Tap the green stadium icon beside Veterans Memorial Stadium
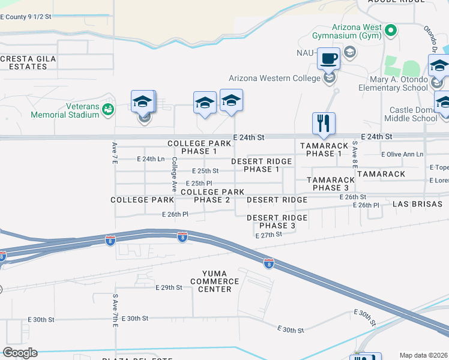click(x=107, y=109)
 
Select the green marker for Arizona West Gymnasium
click(x=391, y=29)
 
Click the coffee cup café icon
click(x=328, y=59)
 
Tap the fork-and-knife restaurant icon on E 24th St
click(x=324, y=123)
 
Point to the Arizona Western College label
click(x=275, y=78)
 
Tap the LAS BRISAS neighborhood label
click(x=417, y=204)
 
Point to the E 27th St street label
click(x=268, y=235)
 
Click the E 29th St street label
click(x=168, y=288)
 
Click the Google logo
click(x=20, y=353)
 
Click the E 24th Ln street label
click(x=151, y=159)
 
